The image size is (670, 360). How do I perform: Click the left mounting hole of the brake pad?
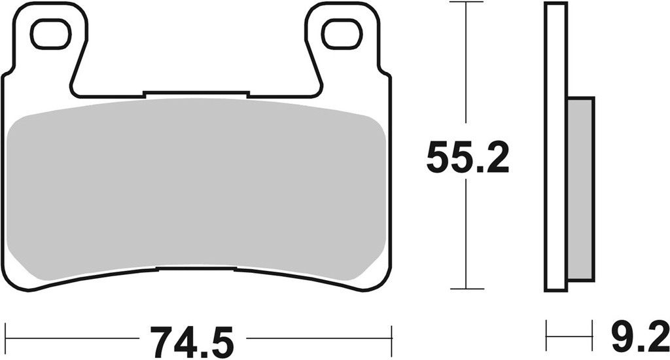50,35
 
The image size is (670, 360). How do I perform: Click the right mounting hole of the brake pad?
342,35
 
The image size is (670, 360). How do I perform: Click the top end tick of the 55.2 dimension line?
465,3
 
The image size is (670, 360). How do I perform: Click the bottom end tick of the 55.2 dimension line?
465,289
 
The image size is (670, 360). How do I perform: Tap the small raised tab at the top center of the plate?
196,94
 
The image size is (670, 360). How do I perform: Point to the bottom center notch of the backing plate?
196,268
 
